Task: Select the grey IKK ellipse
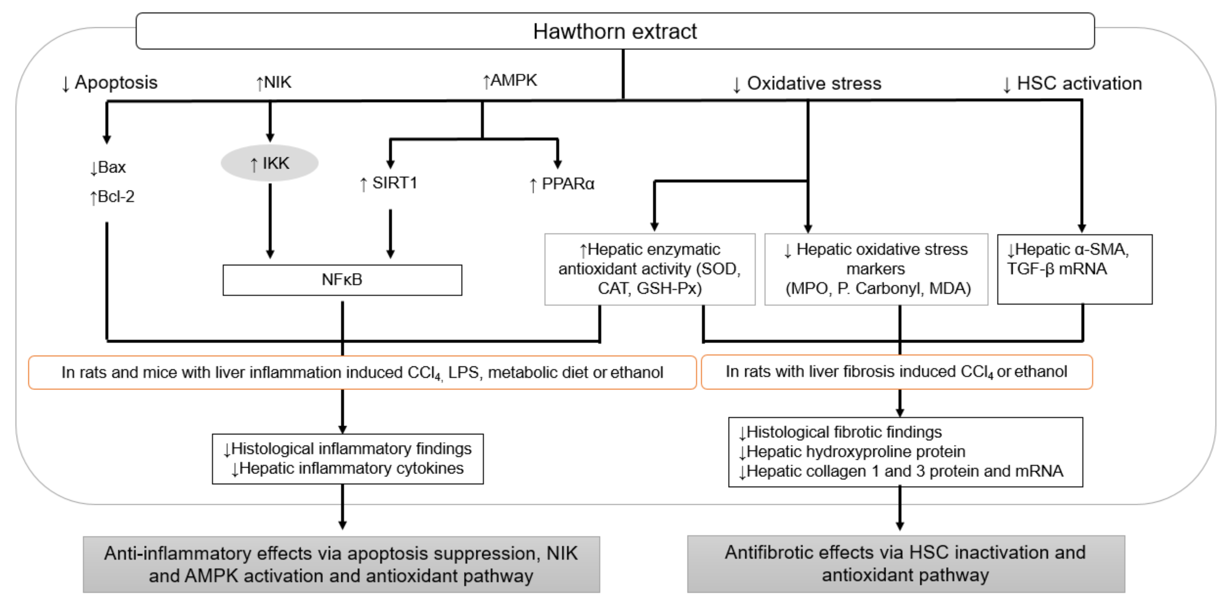coord(270,163)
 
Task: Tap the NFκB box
coord(342,280)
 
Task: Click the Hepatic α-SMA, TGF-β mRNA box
coord(1074,269)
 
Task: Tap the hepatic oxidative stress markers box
coord(876,269)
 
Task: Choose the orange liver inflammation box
coord(362,372)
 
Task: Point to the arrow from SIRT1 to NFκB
coord(390,234)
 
